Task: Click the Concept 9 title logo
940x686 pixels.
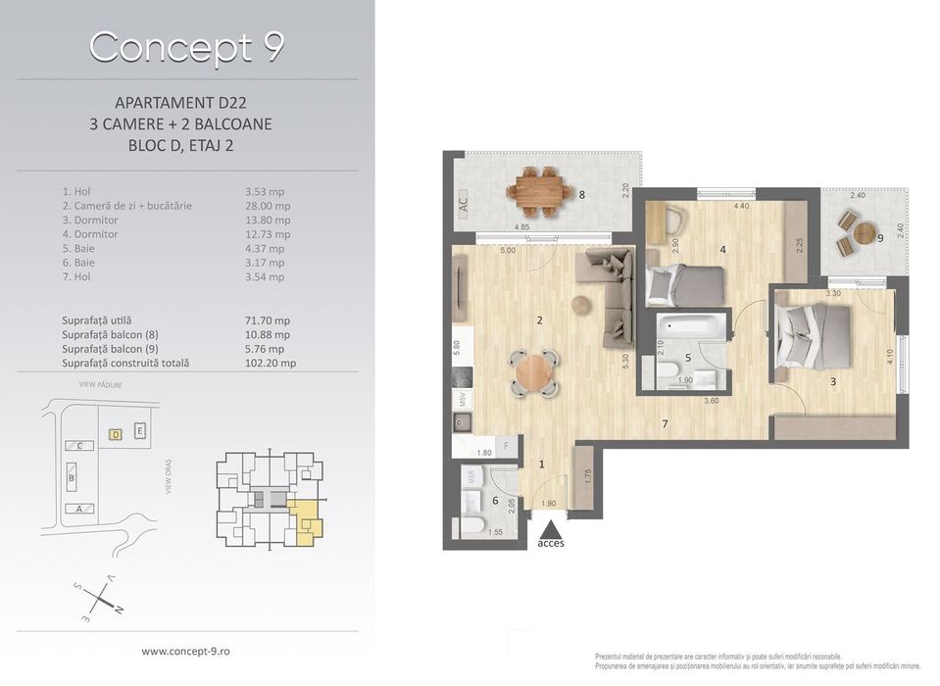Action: tap(186, 46)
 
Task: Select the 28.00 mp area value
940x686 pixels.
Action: tap(267, 206)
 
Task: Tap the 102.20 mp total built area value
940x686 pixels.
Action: tap(270, 363)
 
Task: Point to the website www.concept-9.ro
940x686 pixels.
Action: tap(187, 651)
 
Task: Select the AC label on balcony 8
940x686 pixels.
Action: tap(463, 204)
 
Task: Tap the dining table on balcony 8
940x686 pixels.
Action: tap(541, 191)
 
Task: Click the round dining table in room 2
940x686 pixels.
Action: tap(535, 372)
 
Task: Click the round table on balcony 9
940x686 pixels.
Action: tap(865, 234)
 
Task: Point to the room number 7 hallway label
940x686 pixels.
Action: tap(665, 423)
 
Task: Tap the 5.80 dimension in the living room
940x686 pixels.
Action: tap(458, 348)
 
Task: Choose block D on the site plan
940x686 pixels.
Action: tap(115, 433)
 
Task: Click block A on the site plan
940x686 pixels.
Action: tap(79, 509)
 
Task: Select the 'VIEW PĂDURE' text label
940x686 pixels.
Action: tap(100, 386)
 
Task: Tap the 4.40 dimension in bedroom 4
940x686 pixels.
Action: tap(741, 207)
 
